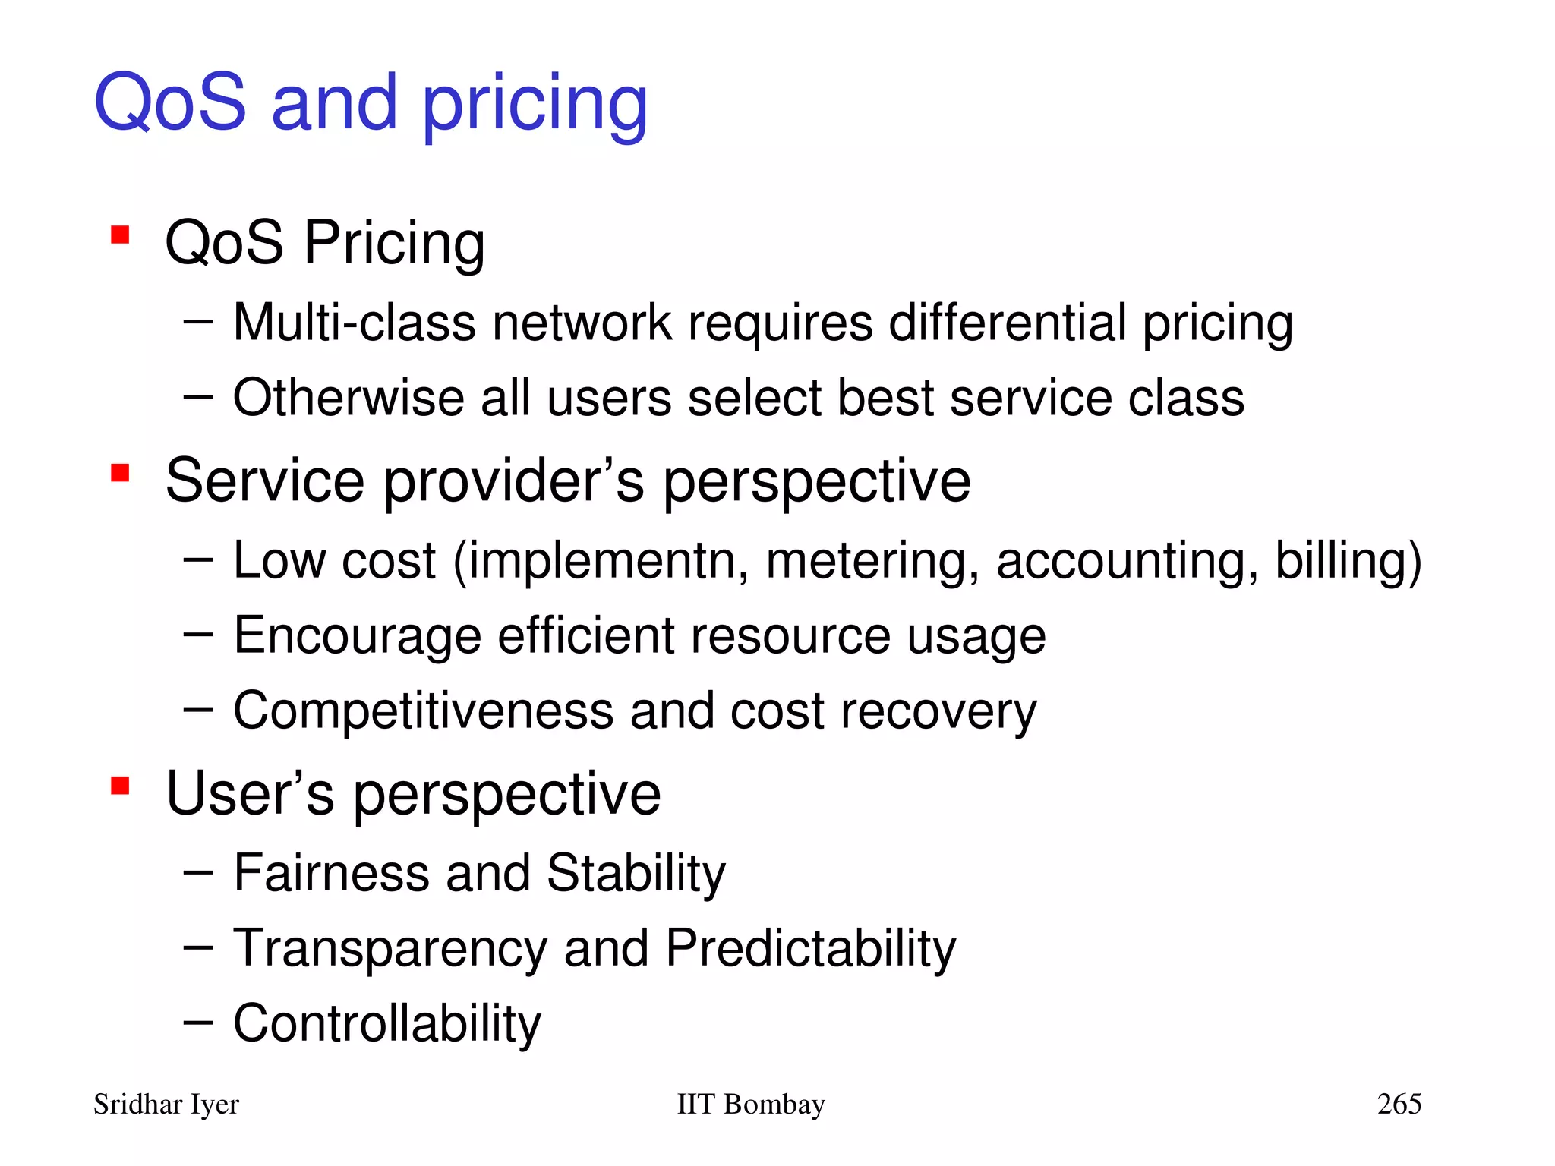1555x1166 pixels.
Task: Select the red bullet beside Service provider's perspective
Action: point(120,473)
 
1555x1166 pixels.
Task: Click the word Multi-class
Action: point(354,322)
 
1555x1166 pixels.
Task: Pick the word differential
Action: point(1007,322)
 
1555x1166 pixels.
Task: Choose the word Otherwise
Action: point(348,398)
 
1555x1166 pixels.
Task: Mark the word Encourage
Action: point(357,635)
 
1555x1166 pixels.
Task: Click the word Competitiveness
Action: point(423,711)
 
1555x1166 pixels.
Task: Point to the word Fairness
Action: point(331,872)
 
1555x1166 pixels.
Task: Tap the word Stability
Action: point(636,872)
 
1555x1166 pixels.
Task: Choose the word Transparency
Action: point(390,948)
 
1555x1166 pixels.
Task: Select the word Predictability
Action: point(810,948)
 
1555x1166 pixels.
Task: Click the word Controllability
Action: point(387,1023)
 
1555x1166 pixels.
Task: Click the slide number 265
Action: point(1399,1104)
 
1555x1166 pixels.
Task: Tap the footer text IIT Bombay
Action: point(750,1104)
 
